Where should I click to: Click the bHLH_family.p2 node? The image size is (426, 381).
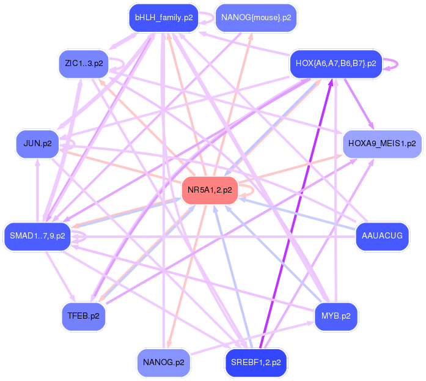coord(164,18)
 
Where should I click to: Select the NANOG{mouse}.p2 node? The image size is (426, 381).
coord(256,18)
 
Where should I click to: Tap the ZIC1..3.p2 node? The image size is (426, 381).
coord(84,63)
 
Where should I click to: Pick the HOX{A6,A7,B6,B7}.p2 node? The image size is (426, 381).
coord(336,63)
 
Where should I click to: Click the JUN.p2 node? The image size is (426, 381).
coord(37,144)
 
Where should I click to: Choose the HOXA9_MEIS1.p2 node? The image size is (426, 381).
coord(381,144)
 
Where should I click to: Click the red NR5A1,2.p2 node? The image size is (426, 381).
coord(210,190)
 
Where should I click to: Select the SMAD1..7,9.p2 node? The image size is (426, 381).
coord(38,235)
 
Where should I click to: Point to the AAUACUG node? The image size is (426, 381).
coord(382,235)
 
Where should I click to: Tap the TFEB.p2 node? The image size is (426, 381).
coord(84,316)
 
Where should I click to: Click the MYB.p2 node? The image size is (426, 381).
coord(336,316)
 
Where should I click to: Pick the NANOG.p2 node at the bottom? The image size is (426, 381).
coord(163,363)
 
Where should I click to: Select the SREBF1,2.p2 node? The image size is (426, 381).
coord(256,363)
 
